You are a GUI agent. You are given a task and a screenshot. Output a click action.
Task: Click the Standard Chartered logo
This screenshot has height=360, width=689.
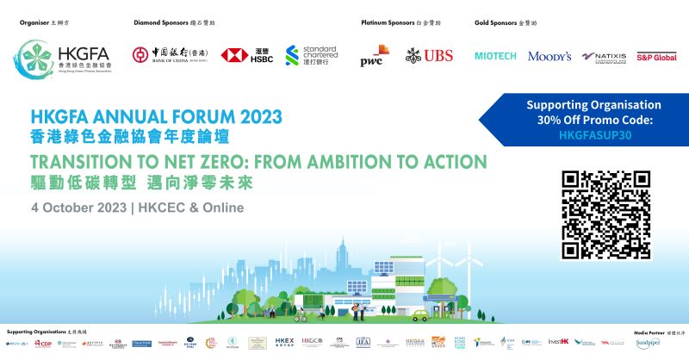(x=311, y=56)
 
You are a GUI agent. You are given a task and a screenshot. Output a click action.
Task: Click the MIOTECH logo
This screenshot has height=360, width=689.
(x=496, y=57)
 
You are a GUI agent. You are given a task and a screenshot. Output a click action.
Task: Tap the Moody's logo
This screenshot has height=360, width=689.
(x=549, y=57)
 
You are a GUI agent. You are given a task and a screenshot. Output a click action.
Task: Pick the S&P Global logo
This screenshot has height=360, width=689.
(x=655, y=57)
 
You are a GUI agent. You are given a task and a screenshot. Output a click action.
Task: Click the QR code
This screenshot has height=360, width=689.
(x=606, y=214)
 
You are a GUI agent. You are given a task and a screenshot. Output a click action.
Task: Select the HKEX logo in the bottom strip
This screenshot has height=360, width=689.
(x=285, y=342)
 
